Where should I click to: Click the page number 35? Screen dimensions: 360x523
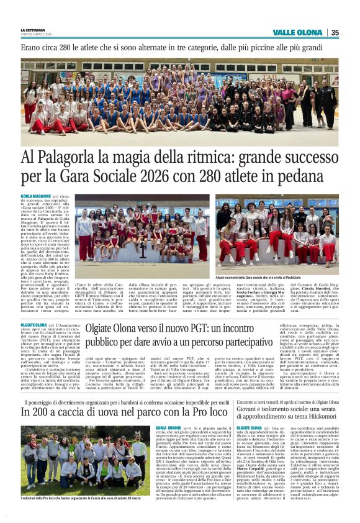[x=335, y=32]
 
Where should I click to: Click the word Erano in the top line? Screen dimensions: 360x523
[x=32, y=47]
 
